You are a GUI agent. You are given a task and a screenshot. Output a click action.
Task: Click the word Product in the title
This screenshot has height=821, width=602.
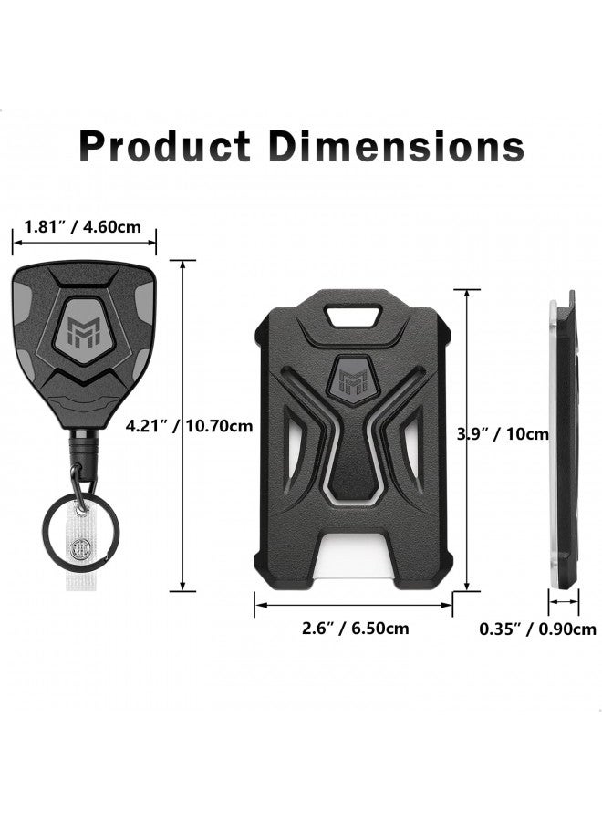click(x=165, y=146)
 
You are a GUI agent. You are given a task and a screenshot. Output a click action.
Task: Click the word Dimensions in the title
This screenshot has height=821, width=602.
click(x=396, y=146)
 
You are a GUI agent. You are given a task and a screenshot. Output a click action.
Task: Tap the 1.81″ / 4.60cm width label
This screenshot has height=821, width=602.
click(x=83, y=227)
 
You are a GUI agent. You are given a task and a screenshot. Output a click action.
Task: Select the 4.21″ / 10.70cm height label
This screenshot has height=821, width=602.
click(x=189, y=426)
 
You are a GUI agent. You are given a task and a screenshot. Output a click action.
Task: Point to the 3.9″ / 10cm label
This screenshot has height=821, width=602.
click(x=503, y=434)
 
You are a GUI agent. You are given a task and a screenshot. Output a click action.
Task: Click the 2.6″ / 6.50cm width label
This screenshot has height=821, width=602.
click(x=356, y=628)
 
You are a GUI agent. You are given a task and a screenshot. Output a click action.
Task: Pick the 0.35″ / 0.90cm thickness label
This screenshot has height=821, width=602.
click(x=538, y=629)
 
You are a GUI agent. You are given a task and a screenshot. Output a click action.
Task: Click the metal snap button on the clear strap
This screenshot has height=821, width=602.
click(x=81, y=547)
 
